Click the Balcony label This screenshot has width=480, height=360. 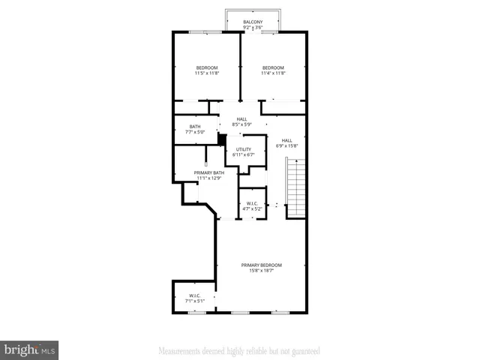click(x=253, y=22)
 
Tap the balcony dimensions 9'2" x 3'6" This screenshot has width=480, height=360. click(x=253, y=28)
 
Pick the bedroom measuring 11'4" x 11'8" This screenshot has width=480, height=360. click(x=273, y=70)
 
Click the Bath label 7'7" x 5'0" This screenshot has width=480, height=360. click(x=195, y=129)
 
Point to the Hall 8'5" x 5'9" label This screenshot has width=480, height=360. click(x=241, y=121)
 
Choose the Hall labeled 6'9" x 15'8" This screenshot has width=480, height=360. click(x=286, y=142)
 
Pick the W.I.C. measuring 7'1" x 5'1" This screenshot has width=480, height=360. click(x=194, y=298)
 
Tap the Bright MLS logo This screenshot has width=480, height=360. click(x=30, y=350)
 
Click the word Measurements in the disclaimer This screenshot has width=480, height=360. click(x=178, y=350)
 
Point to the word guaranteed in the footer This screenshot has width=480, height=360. click(x=304, y=350)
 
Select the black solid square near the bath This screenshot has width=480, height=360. click(x=222, y=138)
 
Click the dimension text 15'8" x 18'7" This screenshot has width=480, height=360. click(x=261, y=271)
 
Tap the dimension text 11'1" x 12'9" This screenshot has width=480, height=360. click(x=209, y=178)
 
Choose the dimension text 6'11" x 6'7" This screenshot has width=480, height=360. click(x=244, y=155)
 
